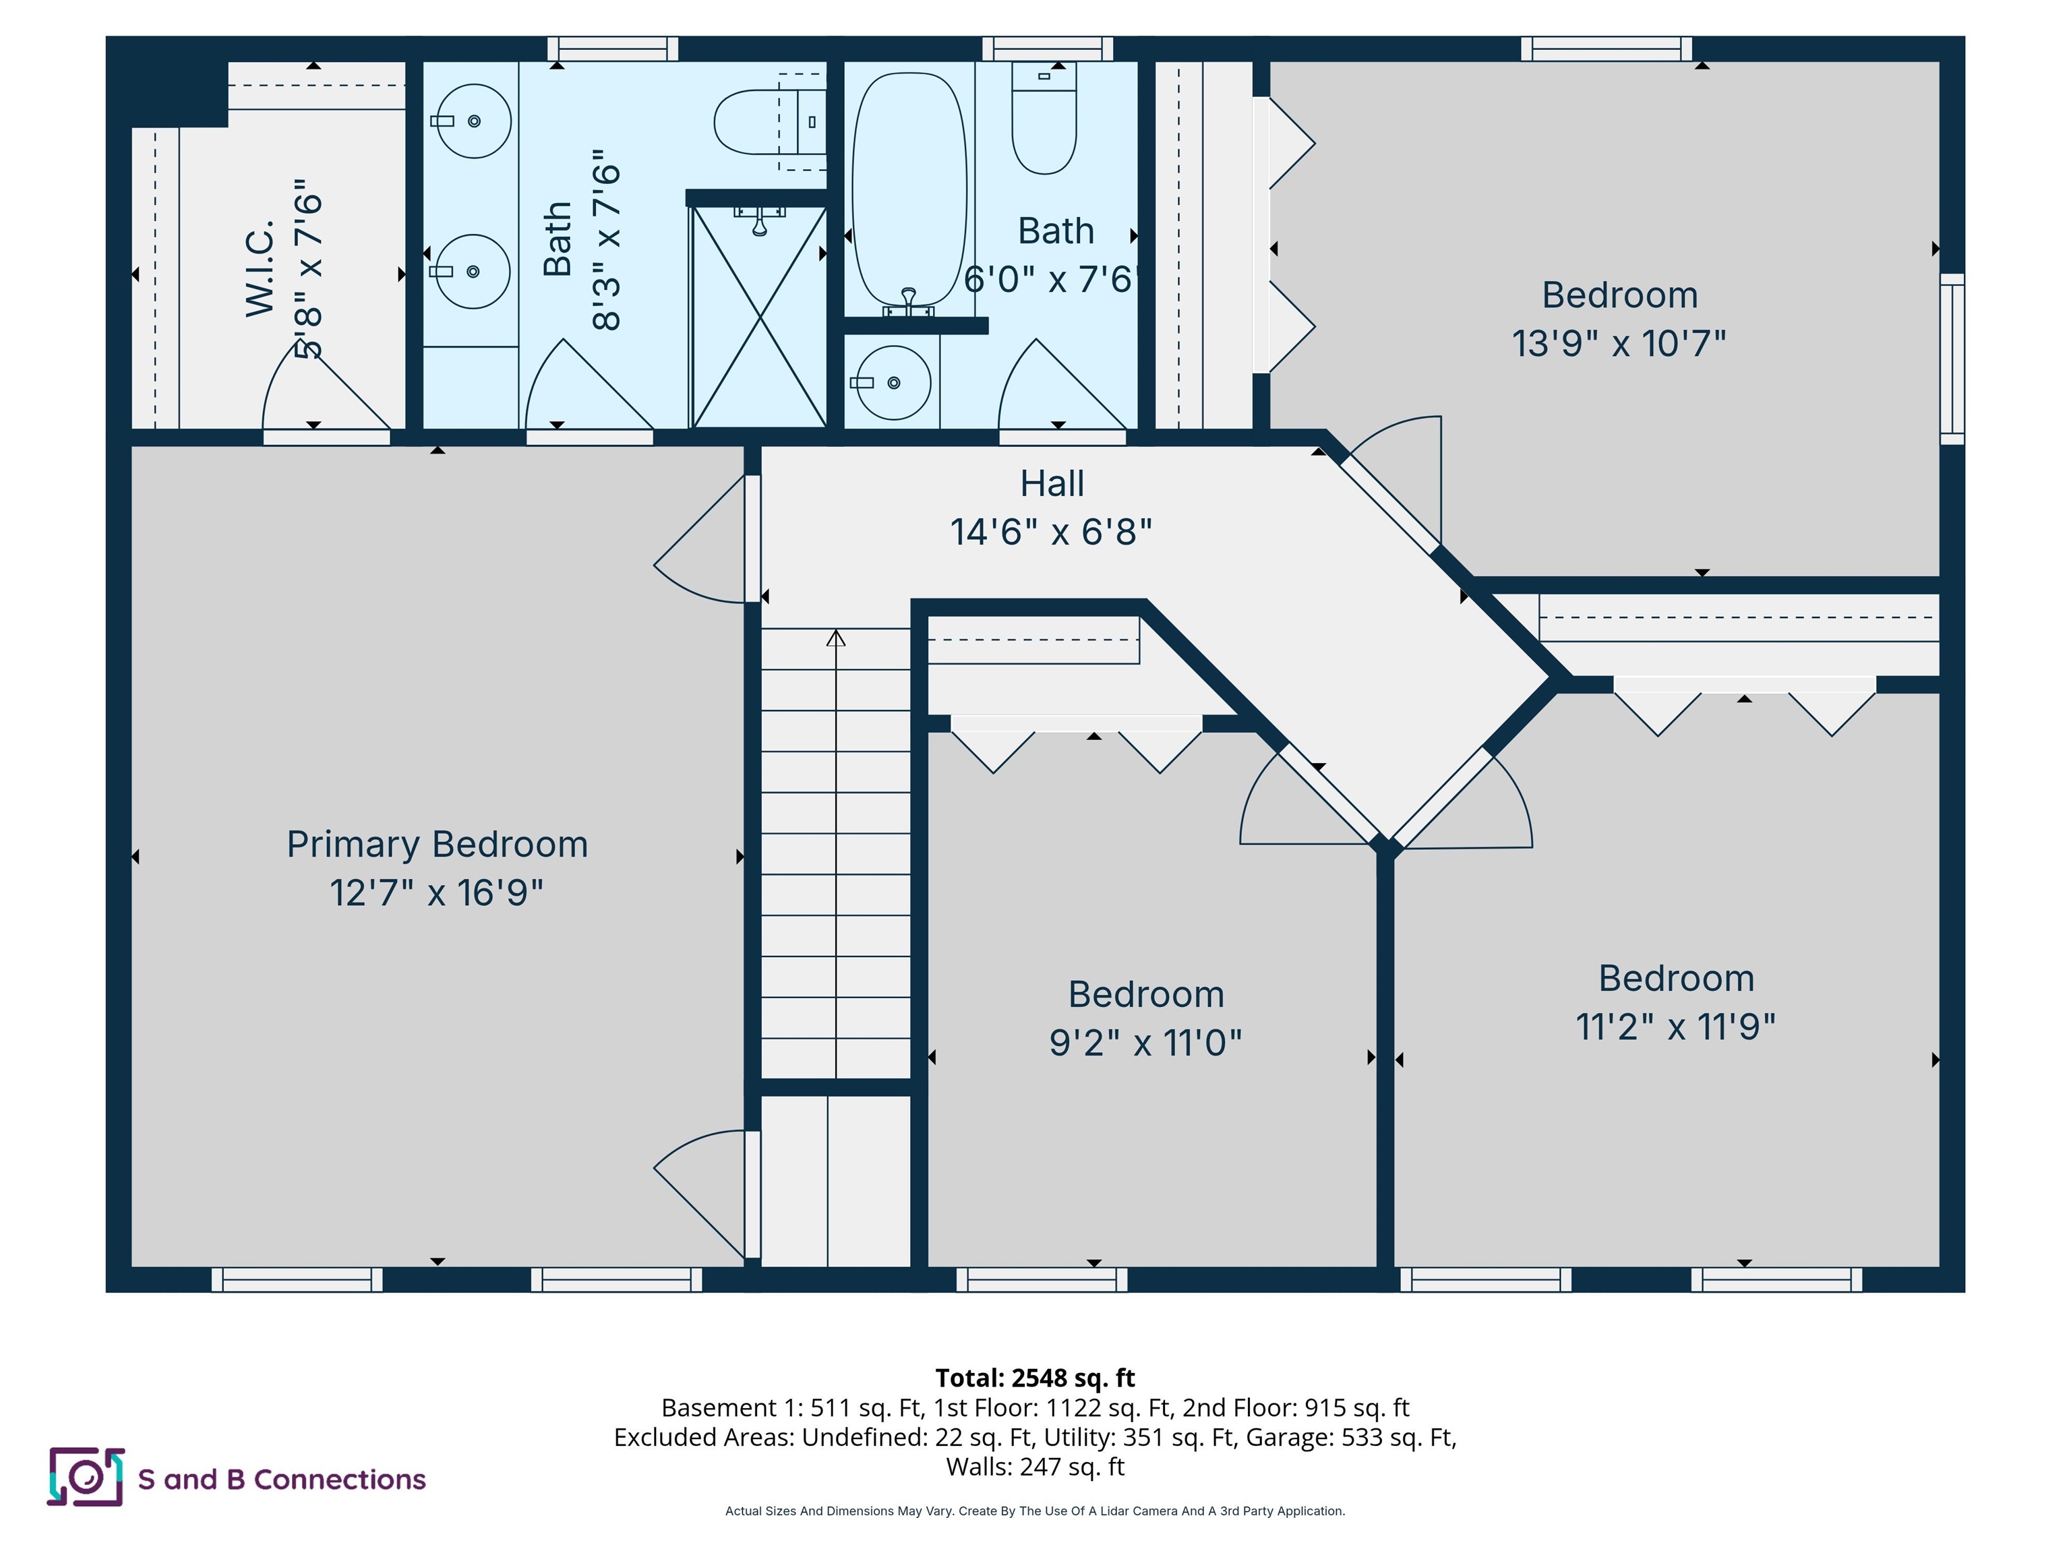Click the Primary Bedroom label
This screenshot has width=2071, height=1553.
click(x=438, y=845)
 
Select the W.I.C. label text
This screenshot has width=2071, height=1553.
click(x=260, y=269)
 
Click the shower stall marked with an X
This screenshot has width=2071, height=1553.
click(x=758, y=316)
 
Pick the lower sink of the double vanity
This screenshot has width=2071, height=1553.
click(x=473, y=272)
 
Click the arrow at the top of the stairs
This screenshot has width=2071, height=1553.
click(x=836, y=638)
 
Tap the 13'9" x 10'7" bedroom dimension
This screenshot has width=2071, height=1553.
click(x=1619, y=344)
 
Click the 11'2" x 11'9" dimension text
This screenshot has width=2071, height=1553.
click(x=1675, y=1027)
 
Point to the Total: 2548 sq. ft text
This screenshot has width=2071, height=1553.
click(x=1035, y=1378)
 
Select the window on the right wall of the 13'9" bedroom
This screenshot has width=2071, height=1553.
click(x=1952, y=359)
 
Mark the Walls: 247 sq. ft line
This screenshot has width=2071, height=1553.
click(x=1035, y=1466)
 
